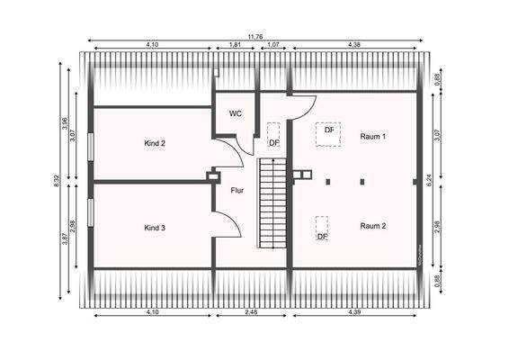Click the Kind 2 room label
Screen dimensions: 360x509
coord(155,143)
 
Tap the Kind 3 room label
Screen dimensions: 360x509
coord(155,228)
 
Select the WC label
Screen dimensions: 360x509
coord(236,113)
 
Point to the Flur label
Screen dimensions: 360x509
coord(237,190)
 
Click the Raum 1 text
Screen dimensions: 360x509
coord(373,137)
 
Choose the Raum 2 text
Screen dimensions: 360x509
coord(373,226)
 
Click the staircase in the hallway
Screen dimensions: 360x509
coord(270,202)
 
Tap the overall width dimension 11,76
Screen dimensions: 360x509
coord(255,36)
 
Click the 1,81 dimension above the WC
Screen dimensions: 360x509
coord(235,45)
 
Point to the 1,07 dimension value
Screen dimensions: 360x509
coord(273,45)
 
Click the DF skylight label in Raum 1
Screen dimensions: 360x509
coord(329,130)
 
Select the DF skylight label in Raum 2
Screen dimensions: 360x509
coord(321,237)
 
